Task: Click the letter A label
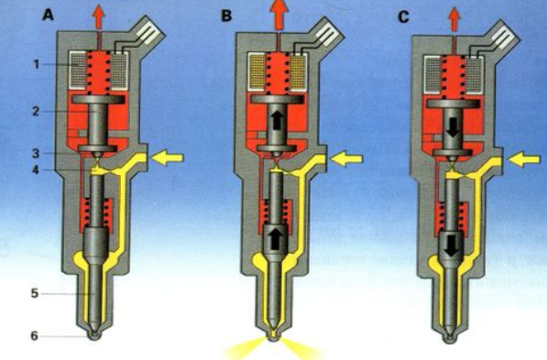pos(48,15)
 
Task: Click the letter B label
pos(226,16)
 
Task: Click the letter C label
pos(404,17)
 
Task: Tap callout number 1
pos(37,64)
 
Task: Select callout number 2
pos(36,112)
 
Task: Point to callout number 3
pos(36,153)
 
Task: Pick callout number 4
pos(37,169)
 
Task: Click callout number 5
pos(35,293)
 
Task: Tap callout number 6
pos(35,335)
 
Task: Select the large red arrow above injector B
pos(278,15)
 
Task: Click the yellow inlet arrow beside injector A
pos(167,158)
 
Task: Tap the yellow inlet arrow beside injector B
pos(346,159)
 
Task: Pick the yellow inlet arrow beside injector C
pos(524,160)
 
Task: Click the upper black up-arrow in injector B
pos(278,121)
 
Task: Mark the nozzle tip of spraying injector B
pos(273,336)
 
